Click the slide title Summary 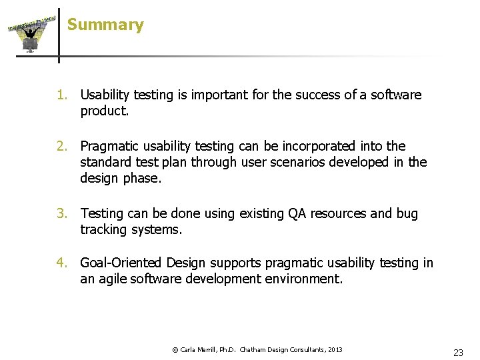point(105,25)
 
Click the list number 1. point(61,95)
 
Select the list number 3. point(61,213)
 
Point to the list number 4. point(61,263)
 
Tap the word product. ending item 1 point(105,111)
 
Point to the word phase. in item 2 point(142,179)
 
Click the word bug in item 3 point(407,213)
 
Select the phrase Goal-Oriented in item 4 point(122,263)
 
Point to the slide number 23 point(458,353)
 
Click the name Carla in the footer point(189,350)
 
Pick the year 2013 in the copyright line point(335,350)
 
